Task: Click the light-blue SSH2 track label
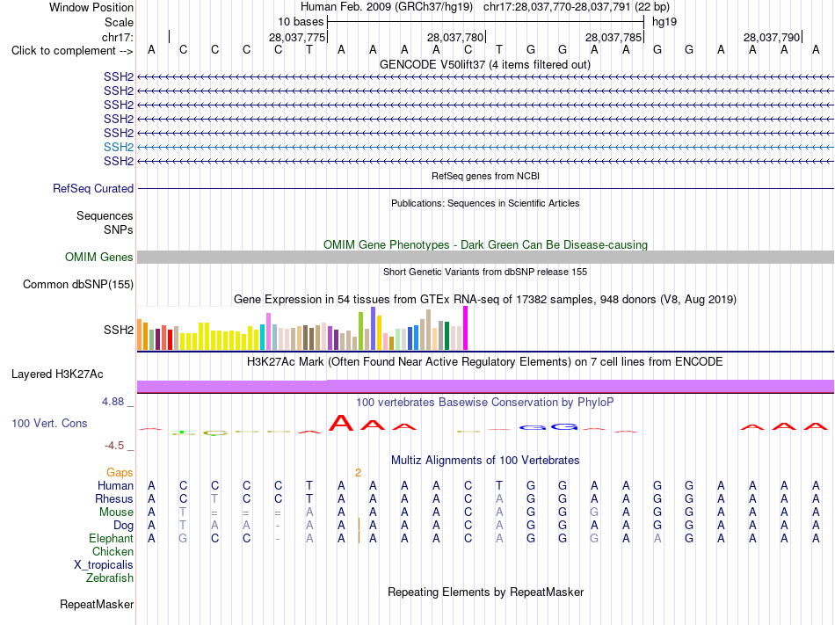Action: coord(119,147)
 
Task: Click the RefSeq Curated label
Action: coord(93,188)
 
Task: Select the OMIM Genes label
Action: coord(99,258)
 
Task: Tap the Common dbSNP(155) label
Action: coord(78,284)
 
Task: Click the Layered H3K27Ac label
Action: coord(57,374)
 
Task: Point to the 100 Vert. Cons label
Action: coord(49,423)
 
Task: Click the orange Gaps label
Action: coord(120,473)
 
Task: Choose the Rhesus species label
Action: coord(114,498)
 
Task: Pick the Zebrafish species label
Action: coord(110,578)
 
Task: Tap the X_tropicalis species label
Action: coord(104,565)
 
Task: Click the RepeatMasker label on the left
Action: coord(97,604)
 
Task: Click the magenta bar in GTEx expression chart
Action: coord(466,328)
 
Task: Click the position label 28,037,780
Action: coord(455,37)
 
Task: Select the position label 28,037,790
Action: coord(772,37)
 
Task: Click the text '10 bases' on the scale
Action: coord(301,22)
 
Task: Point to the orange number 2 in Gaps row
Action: coord(358,473)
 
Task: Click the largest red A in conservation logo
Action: coord(341,423)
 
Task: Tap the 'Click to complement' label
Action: coord(72,51)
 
